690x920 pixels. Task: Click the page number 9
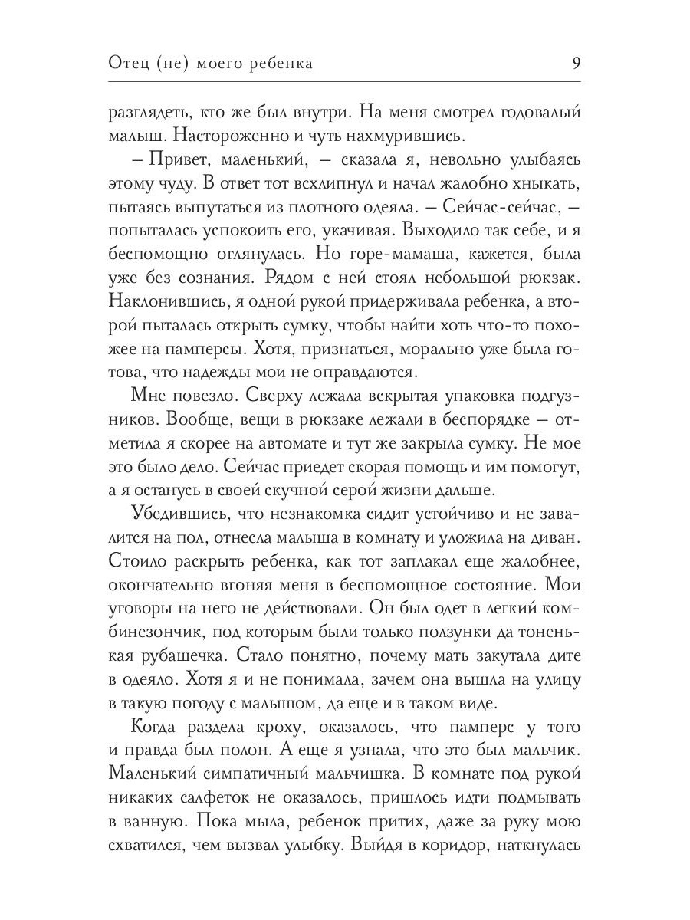point(576,63)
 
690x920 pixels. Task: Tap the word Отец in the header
point(130,64)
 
